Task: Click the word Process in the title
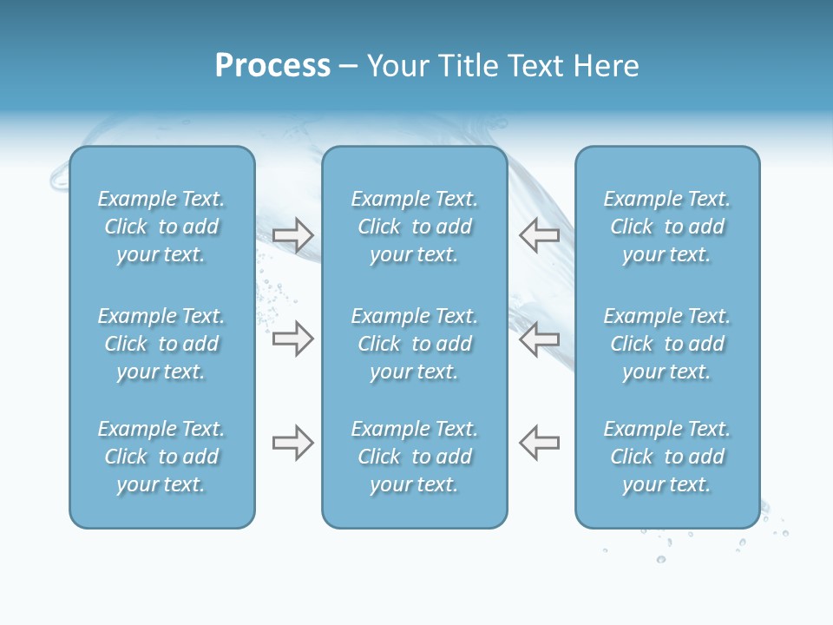point(272,66)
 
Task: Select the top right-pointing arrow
point(292,234)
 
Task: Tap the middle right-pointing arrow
point(292,339)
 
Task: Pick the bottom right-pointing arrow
point(292,443)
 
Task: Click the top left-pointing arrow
point(540,234)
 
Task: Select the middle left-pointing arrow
point(540,339)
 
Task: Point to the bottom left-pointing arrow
point(540,443)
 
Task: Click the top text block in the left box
point(161,227)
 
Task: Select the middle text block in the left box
point(161,344)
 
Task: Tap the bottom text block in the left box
point(161,457)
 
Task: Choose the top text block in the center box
point(415,227)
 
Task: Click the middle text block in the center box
point(415,344)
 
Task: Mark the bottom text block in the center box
point(415,457)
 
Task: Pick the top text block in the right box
point(667,227)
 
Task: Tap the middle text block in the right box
point(667,344)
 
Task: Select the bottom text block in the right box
point(667,457)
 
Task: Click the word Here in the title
point(607,66)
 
